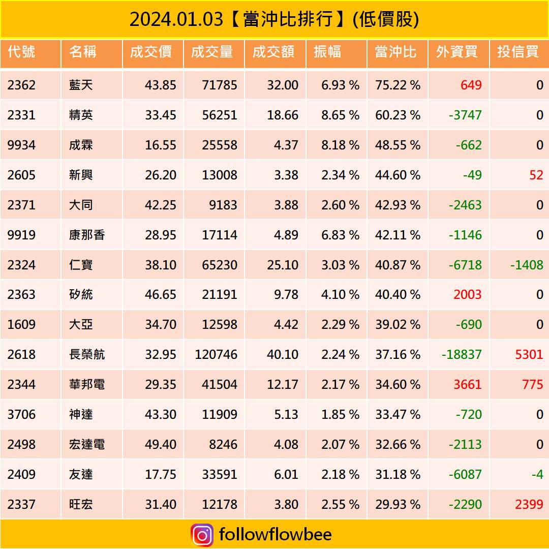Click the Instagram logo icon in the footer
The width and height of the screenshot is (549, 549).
[x=202, y=535]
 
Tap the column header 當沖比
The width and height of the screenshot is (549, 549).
[x=395, y=52]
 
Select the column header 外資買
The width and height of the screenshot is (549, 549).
[x=456, y=52]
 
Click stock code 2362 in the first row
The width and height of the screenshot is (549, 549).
[x=21, y=85]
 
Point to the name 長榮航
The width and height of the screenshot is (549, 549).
[x=87, y=354]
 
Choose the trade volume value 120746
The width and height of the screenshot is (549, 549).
[x=216, y=354]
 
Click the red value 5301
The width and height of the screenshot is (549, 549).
[x=529, y=354]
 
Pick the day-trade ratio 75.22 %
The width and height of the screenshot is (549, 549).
[x=398, y=85]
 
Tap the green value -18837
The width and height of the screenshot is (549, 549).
[x=461, y=354]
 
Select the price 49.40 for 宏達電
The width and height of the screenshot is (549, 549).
[x=161, y=444]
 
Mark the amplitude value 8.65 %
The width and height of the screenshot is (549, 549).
[x=340, y=115]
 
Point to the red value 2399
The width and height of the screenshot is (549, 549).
[x=529, y=504]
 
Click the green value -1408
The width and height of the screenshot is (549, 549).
[x=527, y=265]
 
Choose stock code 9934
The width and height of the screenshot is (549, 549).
[x=21, y=145]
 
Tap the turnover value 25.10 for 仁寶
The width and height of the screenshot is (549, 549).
[x=283, y=265]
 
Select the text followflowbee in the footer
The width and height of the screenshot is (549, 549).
[x=275, y=535]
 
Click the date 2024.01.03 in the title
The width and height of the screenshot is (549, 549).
[x=176, y=19]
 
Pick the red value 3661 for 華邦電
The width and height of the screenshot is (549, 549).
[x=467, y=384]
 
